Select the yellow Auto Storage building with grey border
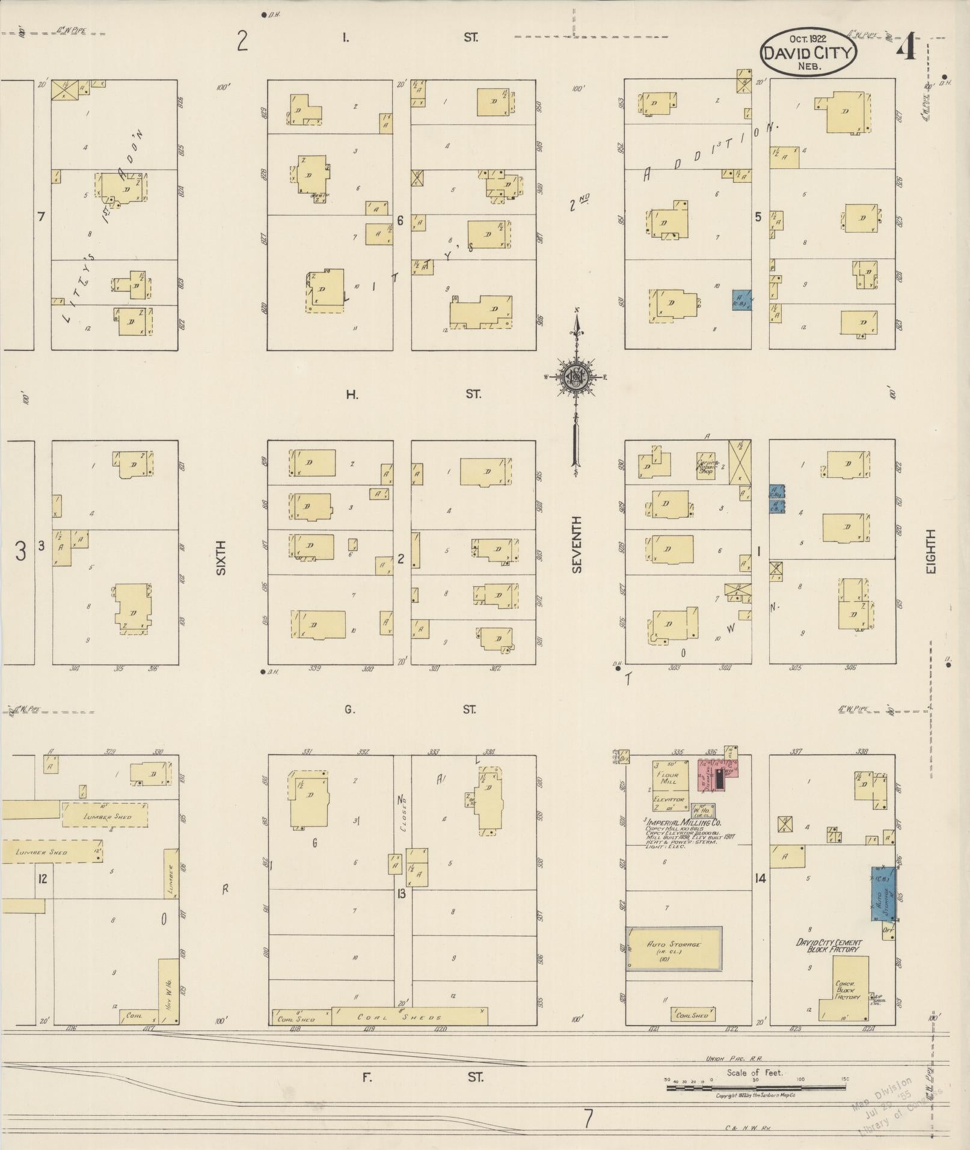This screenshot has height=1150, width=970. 674,948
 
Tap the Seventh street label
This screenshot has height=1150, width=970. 577,544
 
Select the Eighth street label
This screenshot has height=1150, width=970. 931,551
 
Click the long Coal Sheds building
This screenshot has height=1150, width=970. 409,1017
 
